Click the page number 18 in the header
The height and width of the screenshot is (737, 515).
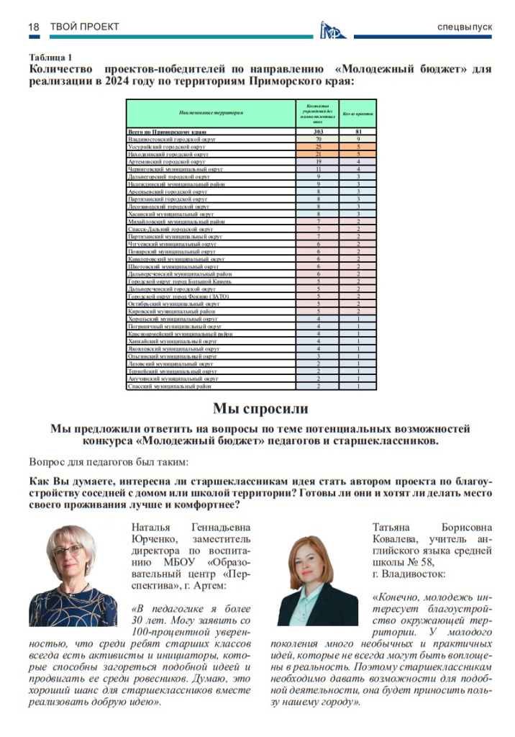[34, 27]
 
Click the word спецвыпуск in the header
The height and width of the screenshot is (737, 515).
[465, 27]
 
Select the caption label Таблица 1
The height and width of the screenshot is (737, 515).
[50, 57]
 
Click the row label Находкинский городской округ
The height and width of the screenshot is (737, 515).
[168, 154]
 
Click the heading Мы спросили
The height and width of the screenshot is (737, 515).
[260, 409]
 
